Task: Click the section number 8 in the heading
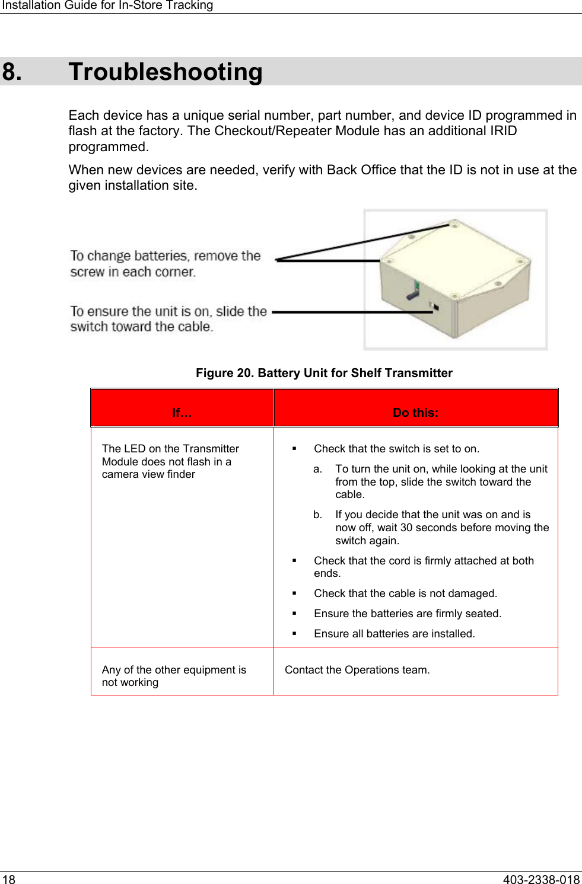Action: pyautogui.click(x=12, y=72)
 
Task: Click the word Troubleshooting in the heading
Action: pyautogui.click(x=166, y=72)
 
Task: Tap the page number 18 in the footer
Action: pyautogui.click(x=8, y=879)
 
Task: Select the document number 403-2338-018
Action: pyautogui.click(x=540, y=879)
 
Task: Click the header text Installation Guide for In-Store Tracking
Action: pyautogui.click(x=107, y=5)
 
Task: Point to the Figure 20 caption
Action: pyautogui.click(x=324, y=373)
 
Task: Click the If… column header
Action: pyautogui.click(x=182, y=413)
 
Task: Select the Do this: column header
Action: pyautogui.click(x=415, y=413)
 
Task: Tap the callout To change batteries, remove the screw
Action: pyautogui.click(x=165, y=264)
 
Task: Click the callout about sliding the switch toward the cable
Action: pyautogui.click(x=168, y=319)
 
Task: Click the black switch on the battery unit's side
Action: pyautogui.click(x=436, y=307)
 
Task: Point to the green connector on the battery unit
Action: pyautogui.click(x=417, y=286)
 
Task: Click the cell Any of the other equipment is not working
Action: pyautogui.click(x=174, y=676)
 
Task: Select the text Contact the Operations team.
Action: pyautogui.click(x=357, y=670)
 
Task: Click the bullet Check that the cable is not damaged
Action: pyautogui.click(x=405, y=593)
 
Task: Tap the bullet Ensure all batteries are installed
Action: pyautogui.click(x=394, y=634)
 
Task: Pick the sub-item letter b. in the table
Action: pyautogui.click(x=318, y=515)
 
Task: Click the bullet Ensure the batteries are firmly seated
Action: pyautogui.click(x=408, y=614)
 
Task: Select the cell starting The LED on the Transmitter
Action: pyautogui.click(x=170, y=461)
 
